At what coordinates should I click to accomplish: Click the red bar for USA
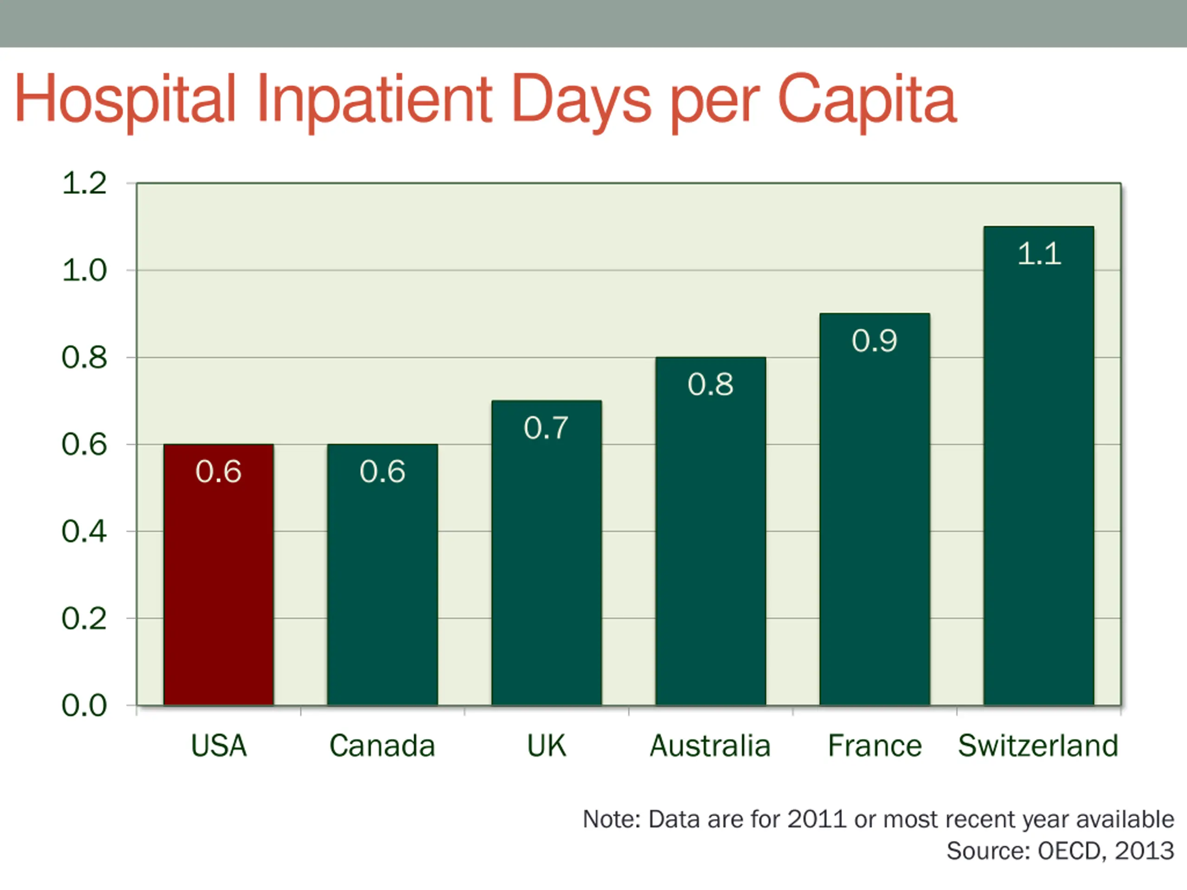point(218,574)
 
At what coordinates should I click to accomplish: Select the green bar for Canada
point(383,574)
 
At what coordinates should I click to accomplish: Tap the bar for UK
point(546,553)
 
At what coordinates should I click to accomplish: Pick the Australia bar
point(710,531)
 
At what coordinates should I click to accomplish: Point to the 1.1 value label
point(1039,254)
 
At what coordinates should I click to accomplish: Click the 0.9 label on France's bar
point(874,341)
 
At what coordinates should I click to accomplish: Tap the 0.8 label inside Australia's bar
point(710,384)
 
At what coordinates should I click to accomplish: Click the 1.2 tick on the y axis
point(84,184)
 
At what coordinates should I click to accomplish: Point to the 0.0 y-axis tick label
point(84,706)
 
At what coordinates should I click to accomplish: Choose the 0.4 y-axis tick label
point(84,532)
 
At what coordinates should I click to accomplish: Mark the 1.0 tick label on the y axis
point(84,270)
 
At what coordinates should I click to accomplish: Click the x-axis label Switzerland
point(1038,746)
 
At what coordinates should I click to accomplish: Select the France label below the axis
point(874,746)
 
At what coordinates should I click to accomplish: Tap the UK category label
point(546,746)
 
